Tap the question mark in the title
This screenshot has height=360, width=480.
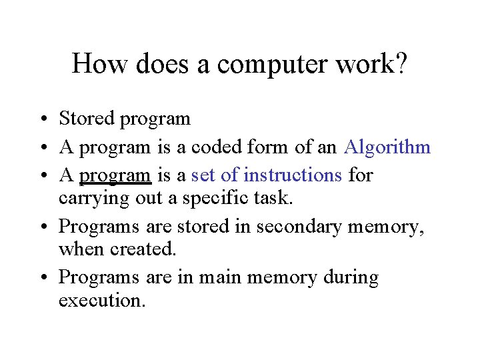point(401,64)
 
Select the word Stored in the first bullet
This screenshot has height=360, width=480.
point(87,119)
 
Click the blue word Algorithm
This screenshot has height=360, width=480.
point(387,147)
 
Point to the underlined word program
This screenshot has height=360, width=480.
point(115,175)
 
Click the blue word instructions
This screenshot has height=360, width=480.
point(293,175)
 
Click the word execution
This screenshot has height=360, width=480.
point(101,300)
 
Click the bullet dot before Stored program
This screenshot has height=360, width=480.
point(42,120)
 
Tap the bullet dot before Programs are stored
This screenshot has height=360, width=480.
point(42,227)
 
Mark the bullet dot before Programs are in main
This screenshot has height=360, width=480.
point(42,278)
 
